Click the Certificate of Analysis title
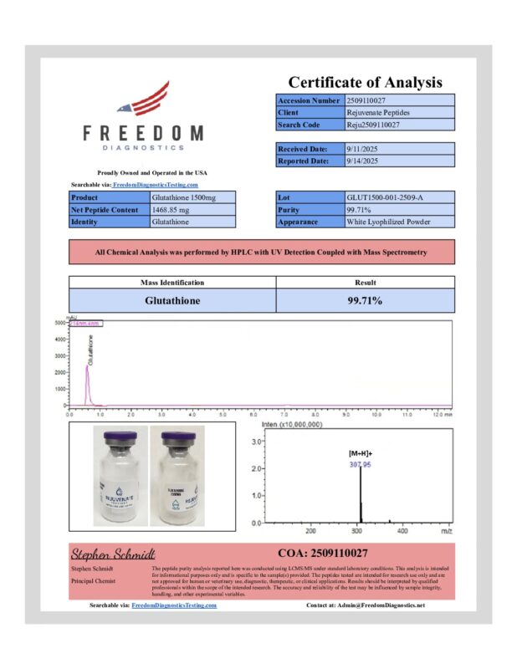pyautogui.click(x=365, y=82)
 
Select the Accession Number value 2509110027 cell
pyautogui.click(x=398, y=100)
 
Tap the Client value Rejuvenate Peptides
pyautogui.click(x=398, y=112)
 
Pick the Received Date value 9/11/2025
pyautogui.click(x=398, y=149)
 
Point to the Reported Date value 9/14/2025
pyautogui.click(x=398, y=161)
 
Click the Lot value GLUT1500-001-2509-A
pyautogui.click(x=398, y=198)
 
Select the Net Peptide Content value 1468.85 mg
pyautogui.click(x=210, y=210)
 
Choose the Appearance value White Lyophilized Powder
pyautogui.click(x=398, y=222)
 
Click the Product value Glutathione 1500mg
pyautogui.click(x=210, y=198)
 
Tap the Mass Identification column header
pyautogui.click(x=171, y=283)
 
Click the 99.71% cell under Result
pyautogui.click(x=365, y=299)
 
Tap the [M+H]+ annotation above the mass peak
pyautogui.click(x=361, y=452)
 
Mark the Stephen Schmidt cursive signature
pyautogui.click(x=112, y=554)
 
